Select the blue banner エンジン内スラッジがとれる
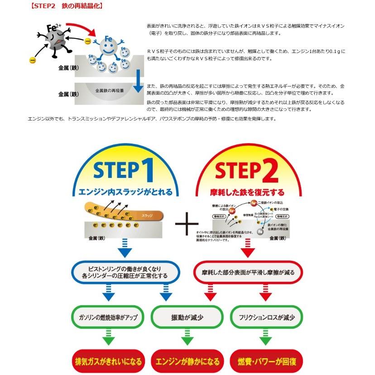tap(125, 192)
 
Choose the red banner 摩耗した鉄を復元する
tap(246, 192)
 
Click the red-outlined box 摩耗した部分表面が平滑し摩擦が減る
tap(248, 271)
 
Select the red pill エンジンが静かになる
tap(187, 361)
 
